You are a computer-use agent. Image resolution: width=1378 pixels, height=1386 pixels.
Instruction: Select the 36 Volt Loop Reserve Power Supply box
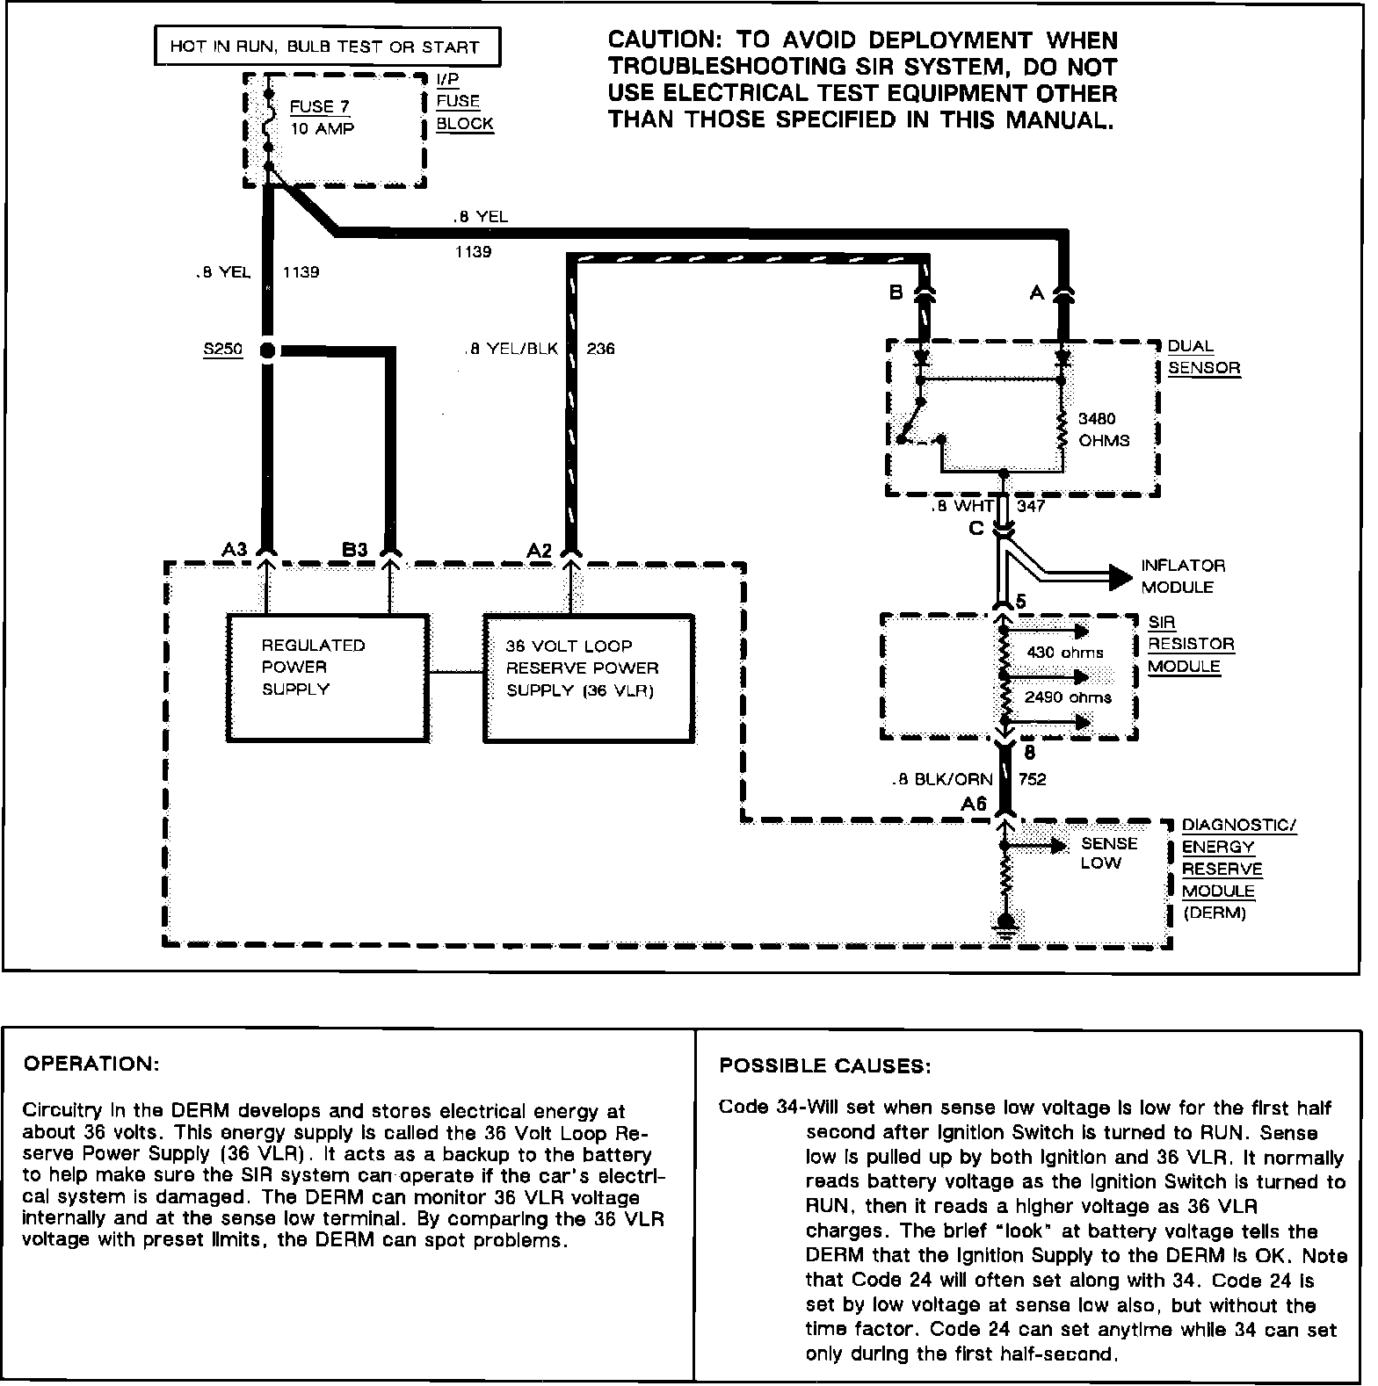point(589,677)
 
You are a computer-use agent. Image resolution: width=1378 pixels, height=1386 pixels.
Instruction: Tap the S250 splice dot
point(268,350)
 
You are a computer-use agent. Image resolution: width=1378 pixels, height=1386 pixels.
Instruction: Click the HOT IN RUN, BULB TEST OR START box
point(327,47)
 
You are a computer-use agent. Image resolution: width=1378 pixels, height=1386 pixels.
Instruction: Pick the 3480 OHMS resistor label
point(1103,430)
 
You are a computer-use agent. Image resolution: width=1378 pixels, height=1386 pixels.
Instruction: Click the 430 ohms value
point(1064,653)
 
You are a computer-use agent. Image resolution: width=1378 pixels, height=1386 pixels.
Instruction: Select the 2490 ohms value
point(1068,697)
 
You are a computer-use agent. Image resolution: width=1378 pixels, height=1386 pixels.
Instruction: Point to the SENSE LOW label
point(1108,853)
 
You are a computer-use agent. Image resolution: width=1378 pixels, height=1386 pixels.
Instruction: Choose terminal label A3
point(235,550)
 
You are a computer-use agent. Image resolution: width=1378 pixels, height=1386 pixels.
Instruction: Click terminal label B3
point(355,550)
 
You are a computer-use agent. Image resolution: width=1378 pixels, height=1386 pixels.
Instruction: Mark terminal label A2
point(539,551)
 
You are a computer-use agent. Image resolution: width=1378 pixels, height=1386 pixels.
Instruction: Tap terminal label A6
point(974,804)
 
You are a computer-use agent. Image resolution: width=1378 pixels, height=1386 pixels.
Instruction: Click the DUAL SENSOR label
point(1203,357)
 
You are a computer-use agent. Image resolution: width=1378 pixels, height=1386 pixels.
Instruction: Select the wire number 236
point(600,349)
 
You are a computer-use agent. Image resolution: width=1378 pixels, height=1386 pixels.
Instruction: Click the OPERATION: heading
point(91,1064)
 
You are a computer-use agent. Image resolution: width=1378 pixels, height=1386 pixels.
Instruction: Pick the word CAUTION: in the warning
point(665,40)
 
